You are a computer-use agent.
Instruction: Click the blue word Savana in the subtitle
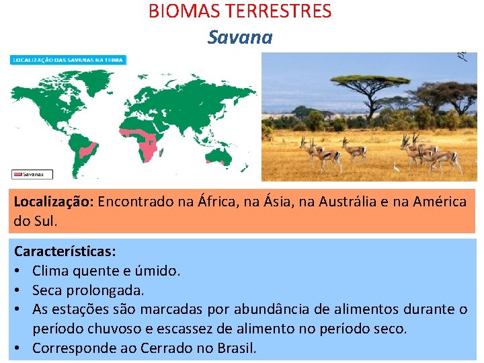tap(240, 37)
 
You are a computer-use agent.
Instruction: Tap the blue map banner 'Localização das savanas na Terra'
tap(68, 60)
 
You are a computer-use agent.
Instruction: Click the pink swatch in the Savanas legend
tap(18, 174)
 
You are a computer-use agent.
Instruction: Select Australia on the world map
tap(216, 155)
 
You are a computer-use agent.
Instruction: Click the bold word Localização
tap(53, 201)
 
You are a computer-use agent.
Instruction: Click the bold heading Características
tap(65, 251)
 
